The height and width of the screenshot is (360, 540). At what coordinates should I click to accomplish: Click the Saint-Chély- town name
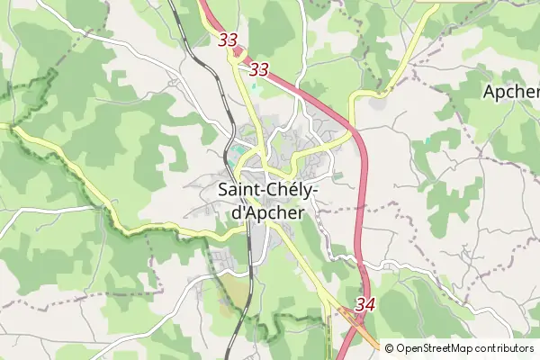[267, 191]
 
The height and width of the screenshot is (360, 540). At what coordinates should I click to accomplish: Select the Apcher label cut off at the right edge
[511, 92]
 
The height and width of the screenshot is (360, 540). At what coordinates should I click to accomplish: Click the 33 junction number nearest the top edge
[228, 40]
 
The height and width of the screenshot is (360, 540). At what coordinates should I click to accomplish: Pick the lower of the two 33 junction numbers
[259, 69]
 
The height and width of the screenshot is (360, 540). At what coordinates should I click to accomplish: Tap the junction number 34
[364, 305]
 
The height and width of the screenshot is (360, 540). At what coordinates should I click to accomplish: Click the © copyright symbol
[390, 348]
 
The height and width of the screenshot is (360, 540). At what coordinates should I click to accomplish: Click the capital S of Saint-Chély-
[223, 191]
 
